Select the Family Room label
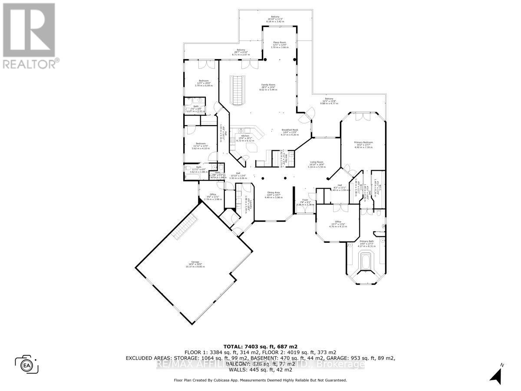[268, 87]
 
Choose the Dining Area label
[274, 195]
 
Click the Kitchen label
[245, 138]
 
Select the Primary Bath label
[366, 243]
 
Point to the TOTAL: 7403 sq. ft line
[260, 346]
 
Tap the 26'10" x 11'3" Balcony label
[275, 19]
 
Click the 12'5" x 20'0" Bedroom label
[204, 83]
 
